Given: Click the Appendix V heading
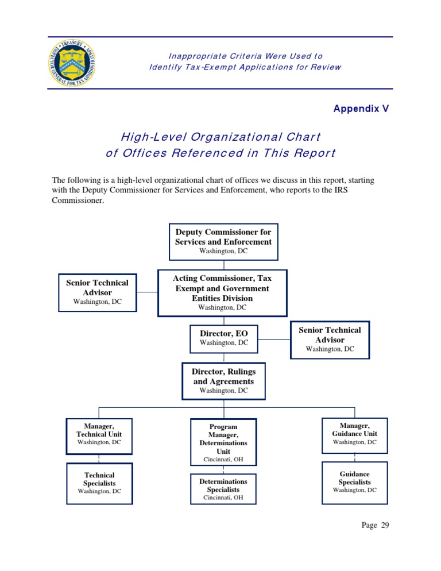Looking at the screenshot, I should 361,109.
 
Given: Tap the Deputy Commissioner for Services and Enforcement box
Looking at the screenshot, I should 223,240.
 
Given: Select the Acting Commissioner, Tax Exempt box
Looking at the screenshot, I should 222,293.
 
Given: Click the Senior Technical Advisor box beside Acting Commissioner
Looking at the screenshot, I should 97,292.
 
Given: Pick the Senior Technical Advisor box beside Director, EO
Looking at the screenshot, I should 330,339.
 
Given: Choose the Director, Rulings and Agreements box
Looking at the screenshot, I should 223,381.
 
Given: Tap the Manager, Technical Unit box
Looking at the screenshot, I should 99,435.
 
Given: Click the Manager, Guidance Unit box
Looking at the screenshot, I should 354,434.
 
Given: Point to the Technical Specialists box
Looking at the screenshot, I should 99,483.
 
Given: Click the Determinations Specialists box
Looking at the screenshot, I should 223,489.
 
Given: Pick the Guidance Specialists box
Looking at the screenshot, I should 354,483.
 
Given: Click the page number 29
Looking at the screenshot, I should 375,525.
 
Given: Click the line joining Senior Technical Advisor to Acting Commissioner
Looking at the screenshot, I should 148,292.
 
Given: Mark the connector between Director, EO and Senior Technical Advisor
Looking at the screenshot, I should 274,339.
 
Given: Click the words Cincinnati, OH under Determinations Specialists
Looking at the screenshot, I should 223,498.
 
